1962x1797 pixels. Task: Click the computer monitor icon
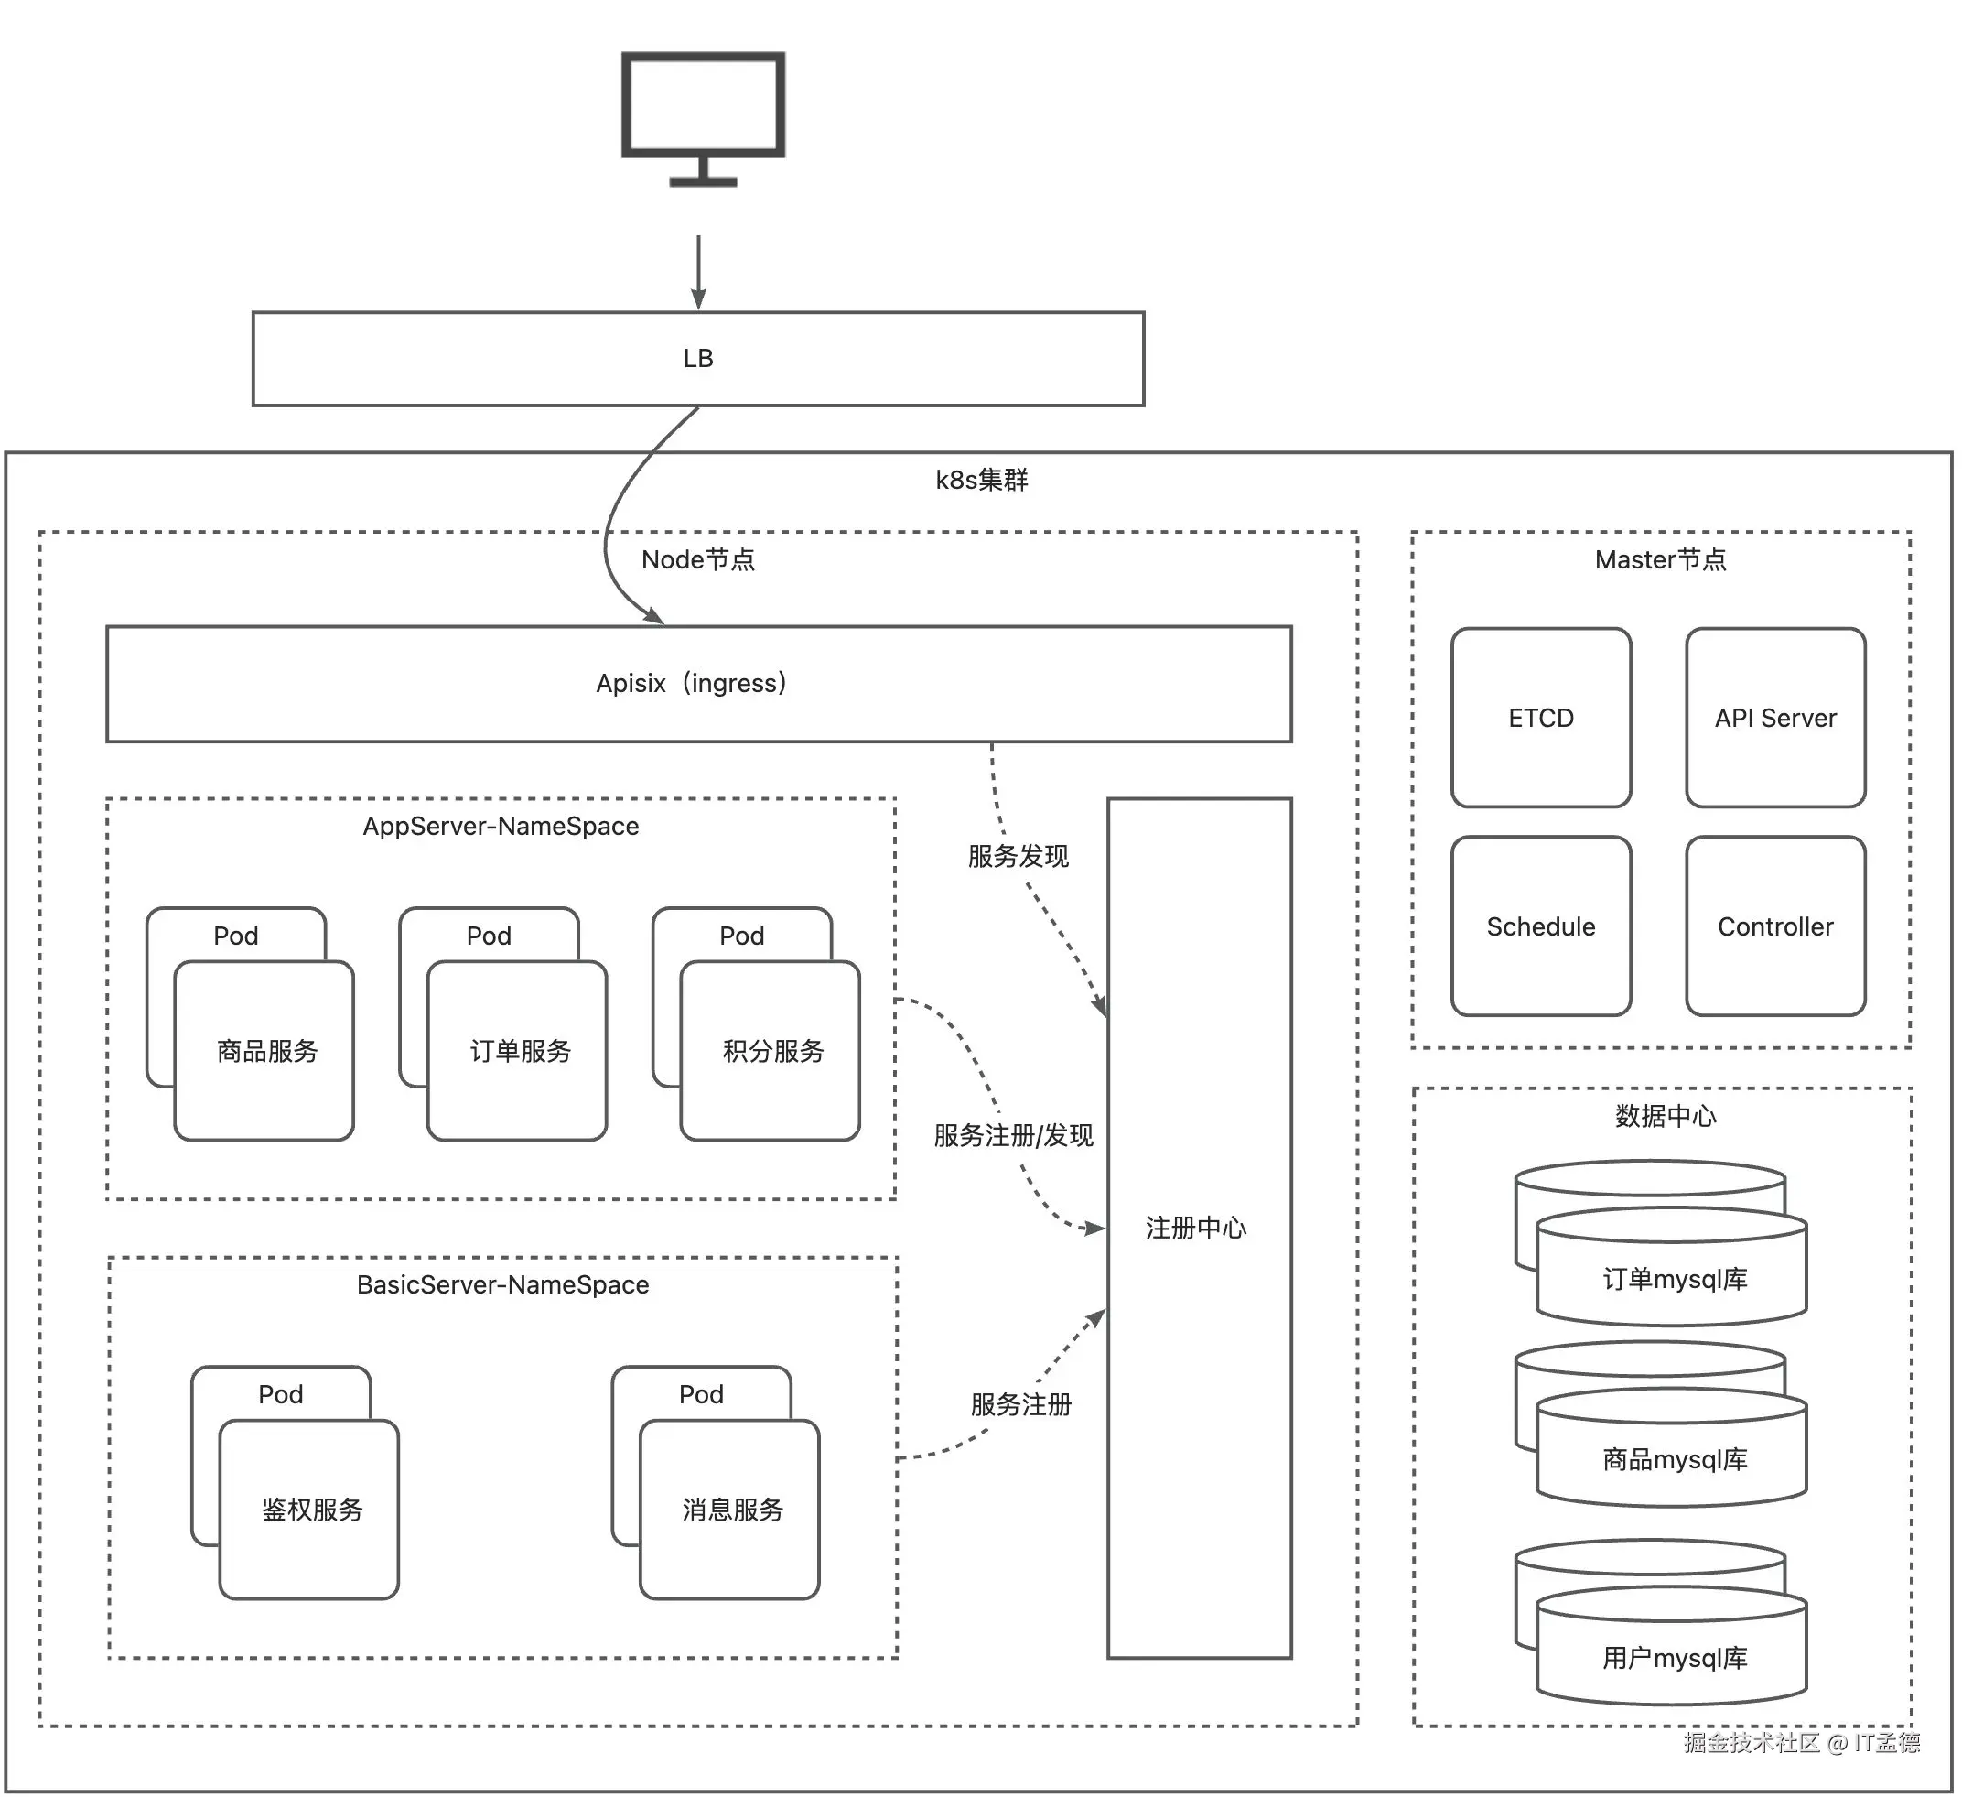(703, 117)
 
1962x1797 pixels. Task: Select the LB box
(698, 359)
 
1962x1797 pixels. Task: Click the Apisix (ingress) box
(698, 683)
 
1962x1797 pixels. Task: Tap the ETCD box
(1541, 719)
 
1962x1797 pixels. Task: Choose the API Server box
(1775, 719)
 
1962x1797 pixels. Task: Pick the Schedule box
(1541, 926)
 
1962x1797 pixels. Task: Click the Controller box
(1775, 926)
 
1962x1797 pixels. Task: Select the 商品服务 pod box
(264, 1051)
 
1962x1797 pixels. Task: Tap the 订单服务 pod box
(518, 1051)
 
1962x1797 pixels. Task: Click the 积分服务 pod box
(771, 1051)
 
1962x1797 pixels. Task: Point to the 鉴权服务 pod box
(309, 1510)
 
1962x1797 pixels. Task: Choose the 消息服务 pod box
(730, 1510)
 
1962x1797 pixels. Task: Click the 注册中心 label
(1196, 1229)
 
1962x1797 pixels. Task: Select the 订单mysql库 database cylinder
(1672, 1277)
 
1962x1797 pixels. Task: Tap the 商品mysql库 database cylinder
(1672, 1458)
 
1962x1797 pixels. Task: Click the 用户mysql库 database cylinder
(1672, 1657)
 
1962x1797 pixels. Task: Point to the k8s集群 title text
(982, 480)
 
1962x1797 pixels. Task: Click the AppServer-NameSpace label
(501, 827)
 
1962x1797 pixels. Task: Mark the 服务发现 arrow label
(1018, 857)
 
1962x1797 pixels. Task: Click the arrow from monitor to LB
(699, 273)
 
